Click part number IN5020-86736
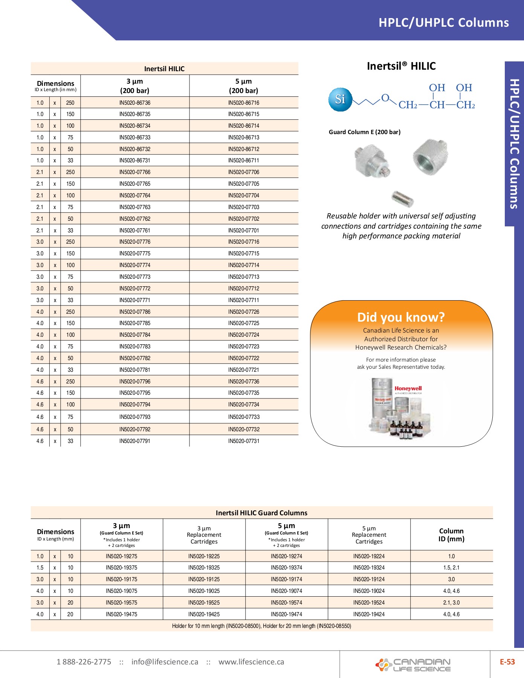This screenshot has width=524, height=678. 135,103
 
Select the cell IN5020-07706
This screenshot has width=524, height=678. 244,172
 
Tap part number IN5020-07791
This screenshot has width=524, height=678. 135,441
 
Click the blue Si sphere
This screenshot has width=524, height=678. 340,99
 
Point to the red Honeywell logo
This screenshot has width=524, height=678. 408,388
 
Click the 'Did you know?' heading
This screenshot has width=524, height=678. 401,317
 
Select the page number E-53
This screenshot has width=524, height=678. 507,662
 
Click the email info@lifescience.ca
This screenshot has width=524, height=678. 165,662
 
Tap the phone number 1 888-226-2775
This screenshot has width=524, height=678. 84,662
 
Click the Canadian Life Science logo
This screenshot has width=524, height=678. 413,665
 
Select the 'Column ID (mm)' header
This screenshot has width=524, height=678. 451,534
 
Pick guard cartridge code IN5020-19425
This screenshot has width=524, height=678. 204,614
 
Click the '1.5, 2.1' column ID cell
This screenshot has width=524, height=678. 451,568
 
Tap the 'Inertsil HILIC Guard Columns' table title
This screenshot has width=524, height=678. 261,513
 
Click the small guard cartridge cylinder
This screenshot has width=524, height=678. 402,199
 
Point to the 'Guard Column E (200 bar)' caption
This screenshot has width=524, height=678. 365,132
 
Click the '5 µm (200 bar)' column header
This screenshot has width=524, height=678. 244,86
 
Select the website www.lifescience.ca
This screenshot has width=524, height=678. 251,662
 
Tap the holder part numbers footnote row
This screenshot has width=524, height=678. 261,626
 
